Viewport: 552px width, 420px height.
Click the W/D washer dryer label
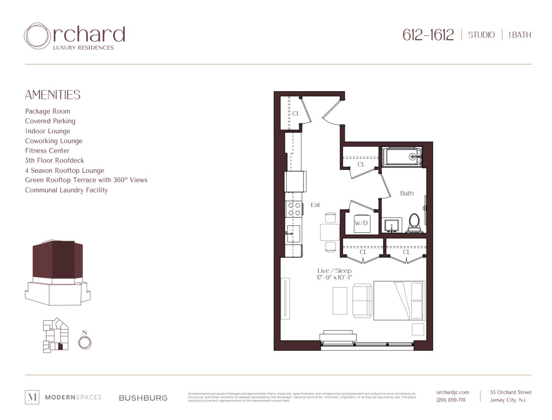[x=361, y=223]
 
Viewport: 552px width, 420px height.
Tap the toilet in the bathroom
[x=414, y=223]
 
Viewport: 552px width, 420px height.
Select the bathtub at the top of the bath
[x=401, y=157]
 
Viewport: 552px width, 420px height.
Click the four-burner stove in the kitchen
[x=294, y=209]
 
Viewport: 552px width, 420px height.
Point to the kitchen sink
[x=293, y=234]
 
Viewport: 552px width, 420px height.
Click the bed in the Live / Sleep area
[x=398, y=301]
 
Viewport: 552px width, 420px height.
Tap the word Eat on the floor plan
[x=315, y=205]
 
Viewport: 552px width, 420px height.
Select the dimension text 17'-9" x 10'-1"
[x=334, y=277]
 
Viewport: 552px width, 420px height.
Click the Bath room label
[x=407, y=193]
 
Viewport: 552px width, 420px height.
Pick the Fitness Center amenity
[x=47, y=151]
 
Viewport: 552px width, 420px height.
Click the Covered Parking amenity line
[x=50, y=121]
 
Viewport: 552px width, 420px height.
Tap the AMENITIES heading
[x=53, y=95]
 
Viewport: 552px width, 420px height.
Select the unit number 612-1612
[x=428, y=35]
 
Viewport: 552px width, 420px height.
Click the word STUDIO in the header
[x=481, y=35]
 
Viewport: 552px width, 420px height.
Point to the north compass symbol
[x=85, y=342]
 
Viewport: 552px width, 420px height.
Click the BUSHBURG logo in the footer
[x=143, y=398]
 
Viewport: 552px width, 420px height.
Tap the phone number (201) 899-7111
[x=451, y=400]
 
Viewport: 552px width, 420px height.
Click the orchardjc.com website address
[x=452, y=392]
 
